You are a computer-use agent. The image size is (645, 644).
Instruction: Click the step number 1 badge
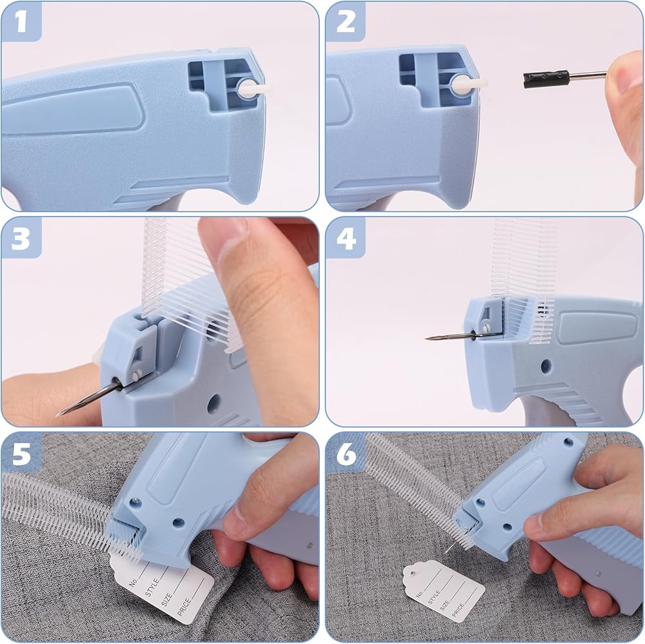pyautogui.click(x=21, y=22)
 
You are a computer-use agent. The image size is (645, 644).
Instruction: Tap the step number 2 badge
pyautogui.click(x=346, y=22)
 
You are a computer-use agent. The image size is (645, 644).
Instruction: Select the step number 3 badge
pyautogui.click(x=21, y=238)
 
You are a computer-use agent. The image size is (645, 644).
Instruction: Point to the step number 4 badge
pyautogui.click(x=346, y=238)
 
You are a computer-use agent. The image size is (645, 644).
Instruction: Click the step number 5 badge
pyautogui.click(x=21, y=454)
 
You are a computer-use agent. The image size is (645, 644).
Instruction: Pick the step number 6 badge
pyautogui.click(x=346, y=454)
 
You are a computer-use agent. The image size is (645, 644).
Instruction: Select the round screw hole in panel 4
pyautogui.click(x=546, y=366)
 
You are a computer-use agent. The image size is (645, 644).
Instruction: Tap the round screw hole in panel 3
pyautogui.click(x=213, y=404)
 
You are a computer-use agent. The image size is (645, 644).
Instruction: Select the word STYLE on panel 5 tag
pyautogui.click(x=152, y=587)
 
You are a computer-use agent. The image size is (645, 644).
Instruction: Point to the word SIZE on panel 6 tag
pyautogui.click(x=444, y=605)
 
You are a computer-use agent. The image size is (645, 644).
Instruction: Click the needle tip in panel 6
pyautogui.click(x=447, y=551)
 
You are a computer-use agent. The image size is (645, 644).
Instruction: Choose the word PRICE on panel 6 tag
pyautogui.click(x=458, y=610)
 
